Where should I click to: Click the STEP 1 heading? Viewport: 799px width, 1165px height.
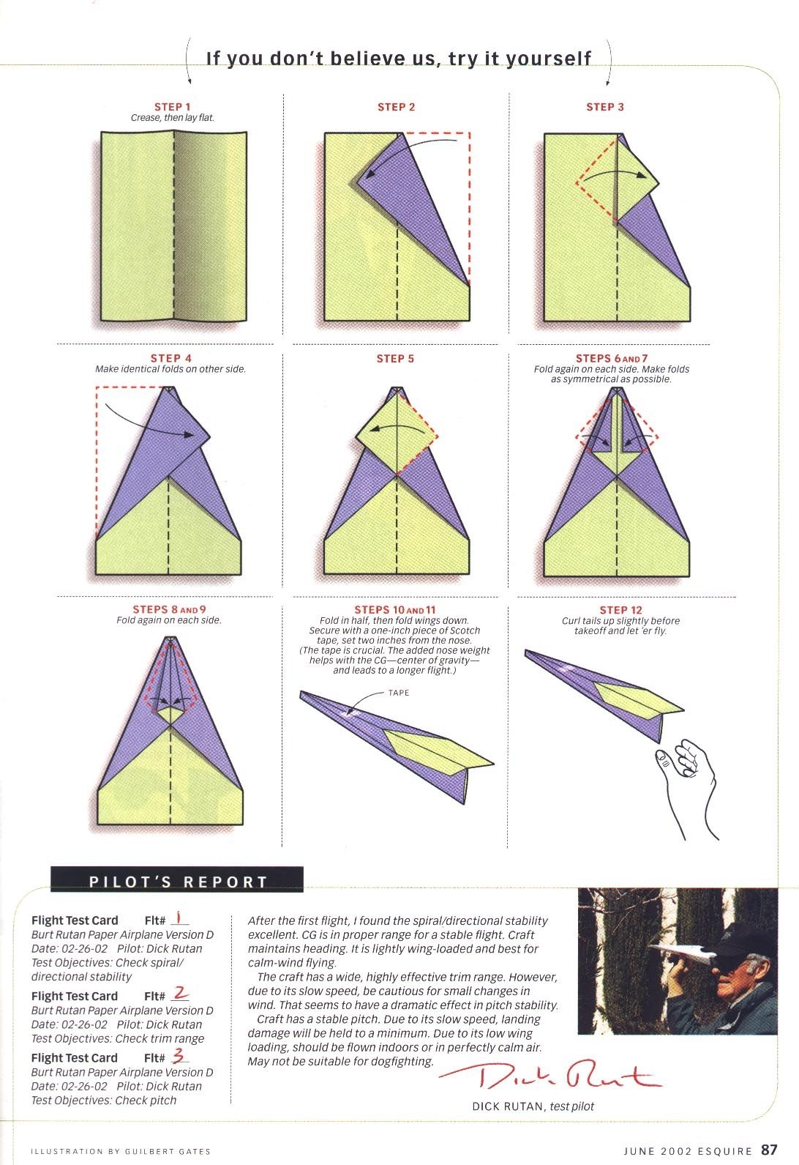pos(172,107)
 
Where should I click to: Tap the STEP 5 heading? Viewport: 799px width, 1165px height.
pos(395,359)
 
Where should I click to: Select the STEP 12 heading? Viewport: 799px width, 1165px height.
pos(620,610)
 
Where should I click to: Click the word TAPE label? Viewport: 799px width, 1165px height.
pos(399,693)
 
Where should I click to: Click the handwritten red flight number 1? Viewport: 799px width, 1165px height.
pos(180,919)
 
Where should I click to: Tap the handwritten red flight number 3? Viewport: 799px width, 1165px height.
pos(179,1057)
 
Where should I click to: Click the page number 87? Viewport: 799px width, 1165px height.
pos(769,1149)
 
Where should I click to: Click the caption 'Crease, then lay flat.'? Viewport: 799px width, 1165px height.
pos(173,118)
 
